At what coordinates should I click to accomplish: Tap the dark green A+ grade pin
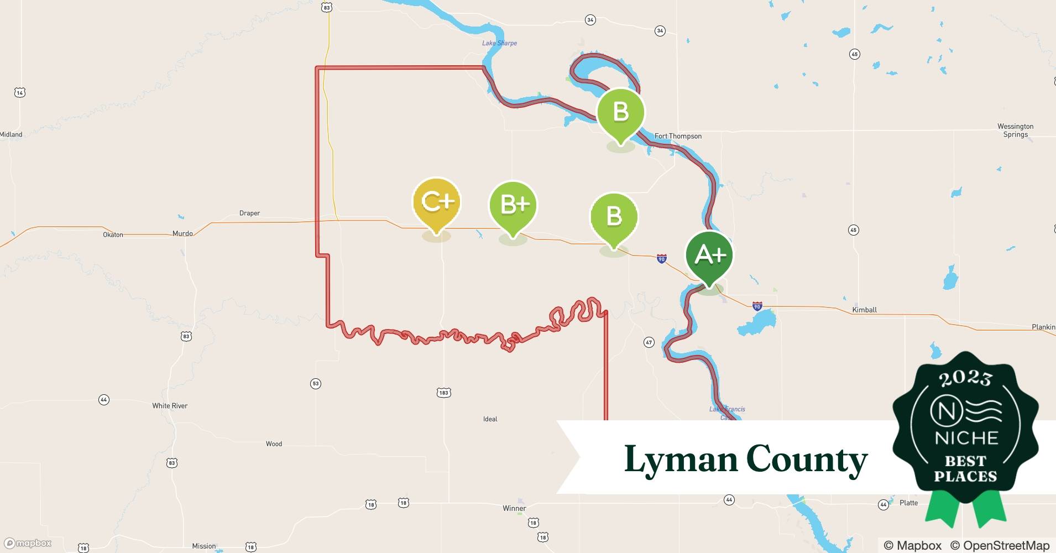pos(709,255)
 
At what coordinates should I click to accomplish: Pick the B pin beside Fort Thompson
pos(621,112)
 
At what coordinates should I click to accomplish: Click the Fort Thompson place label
pos(678,136)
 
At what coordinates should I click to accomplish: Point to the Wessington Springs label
pos(1015,131)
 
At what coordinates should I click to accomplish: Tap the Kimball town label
pos(864,310)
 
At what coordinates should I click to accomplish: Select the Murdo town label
pos(182,233)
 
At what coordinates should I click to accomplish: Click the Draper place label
pos(249,213)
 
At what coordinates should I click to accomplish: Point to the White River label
pos(170,405)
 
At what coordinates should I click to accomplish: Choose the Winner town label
pos(514,508)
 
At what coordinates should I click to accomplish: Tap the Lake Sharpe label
pos(499,43)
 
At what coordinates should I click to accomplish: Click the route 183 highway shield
pos(443,393)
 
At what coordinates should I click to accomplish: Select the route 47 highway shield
pos(649,342)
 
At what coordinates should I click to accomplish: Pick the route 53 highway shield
pos(315,383)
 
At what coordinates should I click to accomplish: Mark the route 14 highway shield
pos(20,92)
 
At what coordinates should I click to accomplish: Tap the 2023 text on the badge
pos(965,378)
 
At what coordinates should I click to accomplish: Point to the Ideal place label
pos(490,419)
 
